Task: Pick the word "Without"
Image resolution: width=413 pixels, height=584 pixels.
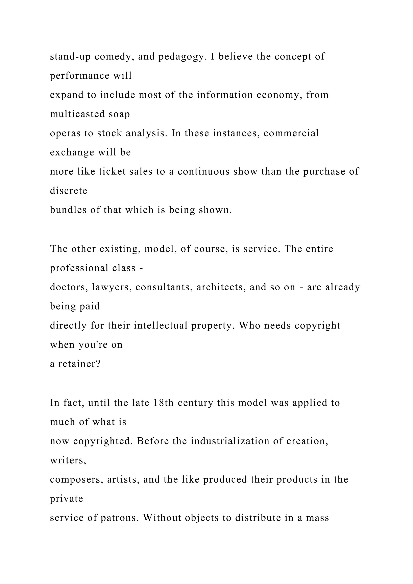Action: click(162, 518)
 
